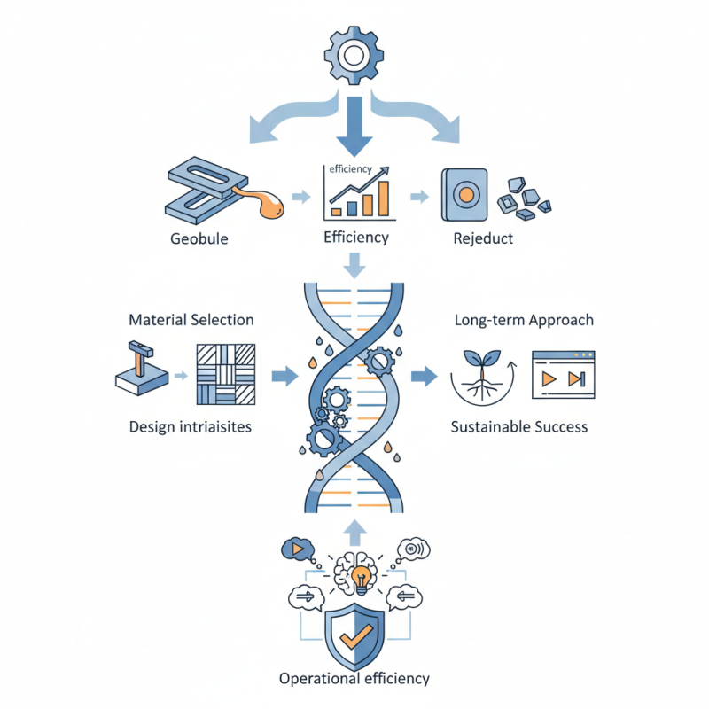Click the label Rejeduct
point(483,238)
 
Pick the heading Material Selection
point(191,319)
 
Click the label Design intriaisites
point(190,426)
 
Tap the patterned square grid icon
point(225,374)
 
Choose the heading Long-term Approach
point(524,319)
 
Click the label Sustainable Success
point(519,426)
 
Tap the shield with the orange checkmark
point(354,636)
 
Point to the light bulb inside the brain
point(360,579)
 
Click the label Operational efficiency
point(354,678)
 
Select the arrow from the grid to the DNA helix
point(283,375)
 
